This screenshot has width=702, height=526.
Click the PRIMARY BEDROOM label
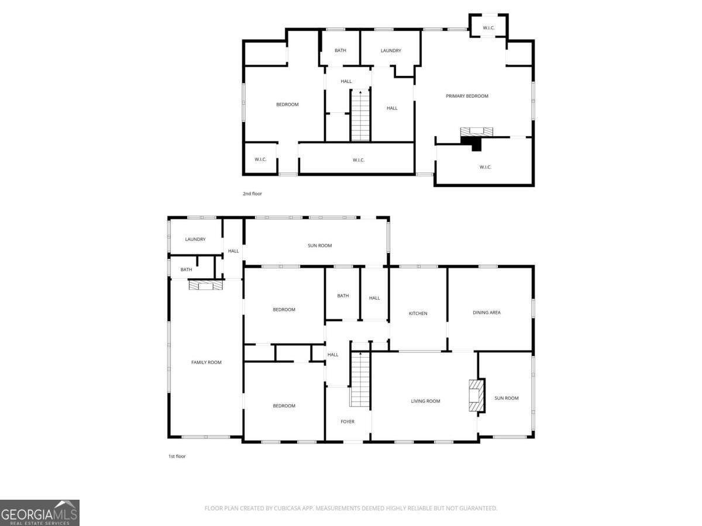(467, 96)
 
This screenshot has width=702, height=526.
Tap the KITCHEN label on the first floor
(418, 314)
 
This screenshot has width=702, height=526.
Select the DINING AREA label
(487, 313)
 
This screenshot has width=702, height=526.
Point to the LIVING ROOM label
(425, 401)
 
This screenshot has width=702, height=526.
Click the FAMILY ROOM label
(207, 362)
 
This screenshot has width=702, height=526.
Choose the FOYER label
(347, 421)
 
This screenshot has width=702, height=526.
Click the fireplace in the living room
(476, 396)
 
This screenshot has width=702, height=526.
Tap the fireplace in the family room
(206, 285)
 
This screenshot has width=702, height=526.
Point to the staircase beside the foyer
(360, 380)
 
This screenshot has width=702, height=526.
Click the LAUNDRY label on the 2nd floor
(391, 51)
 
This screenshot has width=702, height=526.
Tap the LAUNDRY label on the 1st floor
(195, 239)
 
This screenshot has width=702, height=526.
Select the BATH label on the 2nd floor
(340, 51)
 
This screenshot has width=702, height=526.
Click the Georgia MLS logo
(40, 513)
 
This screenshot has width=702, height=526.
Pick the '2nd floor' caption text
(253, 193)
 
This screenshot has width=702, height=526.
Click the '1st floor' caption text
(177, 456)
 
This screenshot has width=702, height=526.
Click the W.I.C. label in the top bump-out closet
(488, 27)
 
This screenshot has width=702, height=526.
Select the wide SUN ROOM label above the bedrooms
(319, 245)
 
